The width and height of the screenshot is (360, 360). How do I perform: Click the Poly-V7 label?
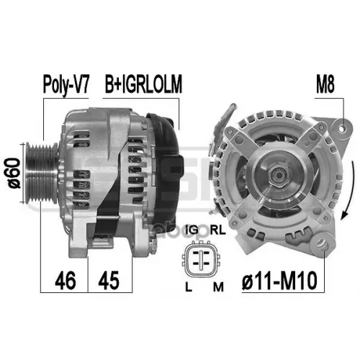[66, 85]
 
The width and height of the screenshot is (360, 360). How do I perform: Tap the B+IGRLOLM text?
[143, 84]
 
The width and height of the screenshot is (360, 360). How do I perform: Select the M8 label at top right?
[325, 84]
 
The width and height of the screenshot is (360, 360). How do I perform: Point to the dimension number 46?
[66, 280]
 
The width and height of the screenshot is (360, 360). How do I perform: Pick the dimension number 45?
[109, 280]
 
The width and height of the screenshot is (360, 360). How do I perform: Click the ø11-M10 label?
[279, 281]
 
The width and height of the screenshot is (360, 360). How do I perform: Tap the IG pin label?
[193, 230]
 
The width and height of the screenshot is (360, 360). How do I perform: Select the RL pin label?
[218, 230]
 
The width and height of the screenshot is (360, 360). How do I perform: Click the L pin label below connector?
[189, 287]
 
